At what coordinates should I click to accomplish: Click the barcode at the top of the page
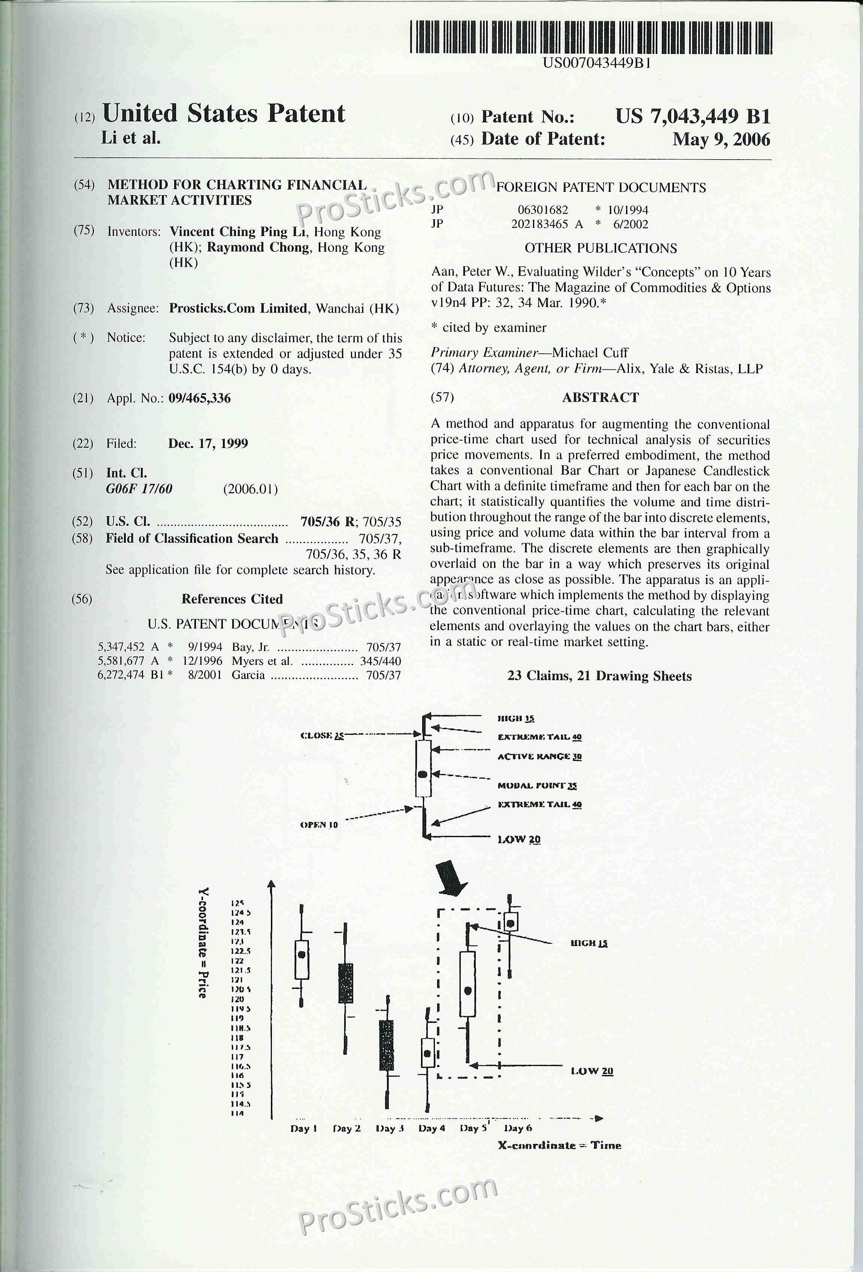[591, 37]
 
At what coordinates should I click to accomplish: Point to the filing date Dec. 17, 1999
[208, 443]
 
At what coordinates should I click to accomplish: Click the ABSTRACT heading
[600, 397]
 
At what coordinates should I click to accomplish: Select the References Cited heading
[232, 599]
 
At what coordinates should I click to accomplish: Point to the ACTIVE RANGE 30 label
[539, 756]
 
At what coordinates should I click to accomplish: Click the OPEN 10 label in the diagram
[319, 825]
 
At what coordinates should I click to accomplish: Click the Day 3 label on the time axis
[390, 1128]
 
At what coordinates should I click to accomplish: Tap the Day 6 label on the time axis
[518, 1128]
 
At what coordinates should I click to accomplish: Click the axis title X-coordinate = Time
[559, 1145]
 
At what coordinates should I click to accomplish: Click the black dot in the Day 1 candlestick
[302, 954]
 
